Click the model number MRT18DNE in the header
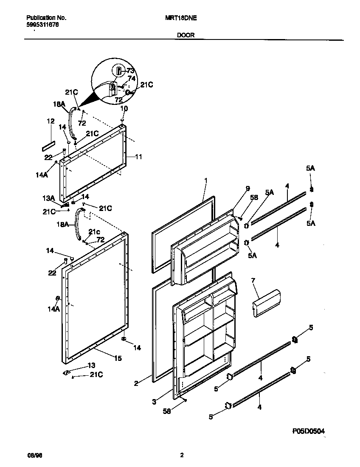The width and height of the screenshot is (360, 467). click(180, 18)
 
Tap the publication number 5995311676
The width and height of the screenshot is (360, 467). click(42, 25)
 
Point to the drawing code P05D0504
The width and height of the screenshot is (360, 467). click(309, 431)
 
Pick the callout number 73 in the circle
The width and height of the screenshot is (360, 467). click(130, 71)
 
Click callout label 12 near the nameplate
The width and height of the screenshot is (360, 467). click(51, 121)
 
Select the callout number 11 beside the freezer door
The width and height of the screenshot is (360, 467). click(138, 156)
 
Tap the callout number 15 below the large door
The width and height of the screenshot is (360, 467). click(117, 358)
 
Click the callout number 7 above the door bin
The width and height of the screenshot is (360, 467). click(253, 281)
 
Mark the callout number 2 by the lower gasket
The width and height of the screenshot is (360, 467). click(136, 383)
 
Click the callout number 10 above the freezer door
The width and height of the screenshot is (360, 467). click(124, 109)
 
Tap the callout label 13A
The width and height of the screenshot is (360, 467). click(49, 198)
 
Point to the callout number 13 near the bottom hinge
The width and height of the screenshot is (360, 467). click(91, 365)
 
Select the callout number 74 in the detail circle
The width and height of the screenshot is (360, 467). click(131, 79)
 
